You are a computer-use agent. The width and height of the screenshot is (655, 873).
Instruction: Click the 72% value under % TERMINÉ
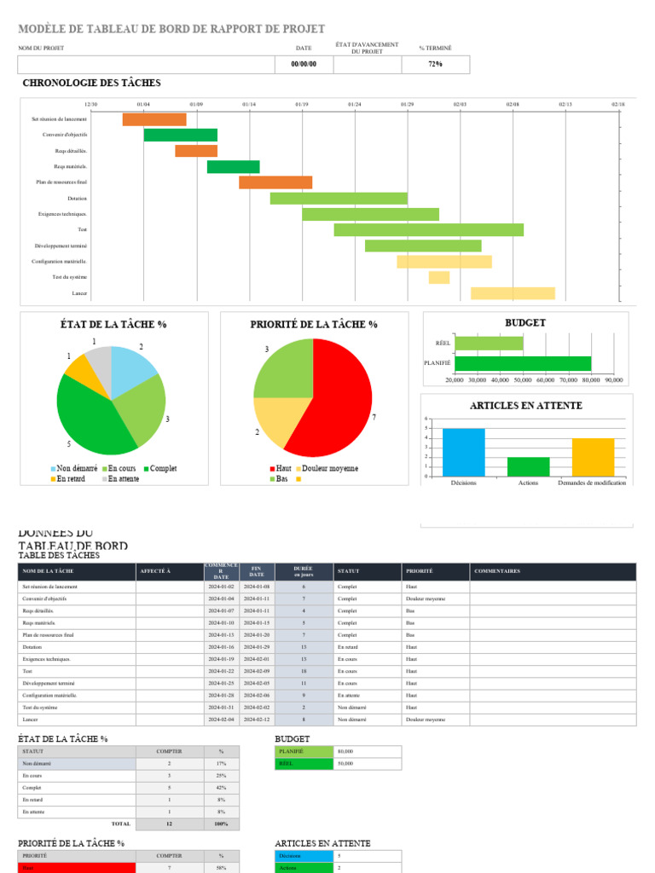(x=435, y=65)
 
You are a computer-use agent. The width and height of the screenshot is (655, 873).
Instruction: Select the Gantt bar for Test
(x=428, y=230)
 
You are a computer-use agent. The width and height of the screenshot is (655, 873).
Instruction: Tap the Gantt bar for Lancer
(x=513, y=293)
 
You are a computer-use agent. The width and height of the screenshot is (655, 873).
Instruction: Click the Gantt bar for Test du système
(x=439, y=277)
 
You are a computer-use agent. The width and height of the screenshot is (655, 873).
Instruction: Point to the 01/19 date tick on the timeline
(x=302, y=105)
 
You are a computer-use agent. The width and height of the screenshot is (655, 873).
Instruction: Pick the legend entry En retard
(x=70, y=479)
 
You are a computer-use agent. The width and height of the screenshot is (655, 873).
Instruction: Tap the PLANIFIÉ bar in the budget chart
(x=523, y=363)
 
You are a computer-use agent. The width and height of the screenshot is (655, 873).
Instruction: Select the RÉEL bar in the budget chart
(x=489, y=344)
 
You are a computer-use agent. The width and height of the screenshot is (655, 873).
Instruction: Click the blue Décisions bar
(x=463, y=453)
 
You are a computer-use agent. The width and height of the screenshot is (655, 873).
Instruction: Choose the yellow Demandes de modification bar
(x=593, y=458)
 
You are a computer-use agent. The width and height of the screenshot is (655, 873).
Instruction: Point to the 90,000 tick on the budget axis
(x=613, y=380)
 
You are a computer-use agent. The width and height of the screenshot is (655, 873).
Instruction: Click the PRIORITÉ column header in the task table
(x=420, y=571)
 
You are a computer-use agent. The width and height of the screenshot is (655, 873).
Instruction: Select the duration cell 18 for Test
(x=303, y=672)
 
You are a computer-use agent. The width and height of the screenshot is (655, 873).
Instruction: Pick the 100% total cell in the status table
(x=221, y=824)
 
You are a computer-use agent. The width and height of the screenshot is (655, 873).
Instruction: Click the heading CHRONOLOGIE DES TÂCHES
(x=91, y=84)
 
